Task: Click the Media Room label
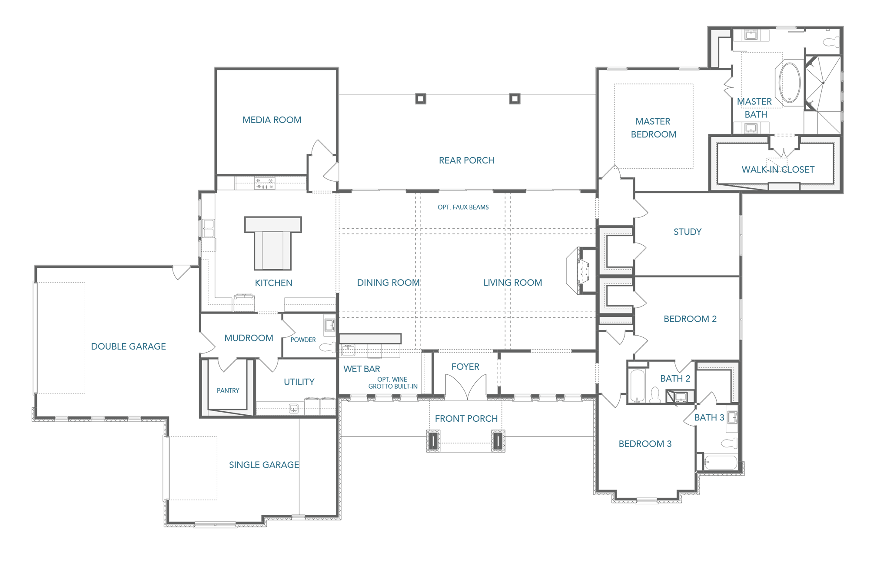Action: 272,120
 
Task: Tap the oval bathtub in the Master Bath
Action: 790,83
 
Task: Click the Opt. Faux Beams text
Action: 463,207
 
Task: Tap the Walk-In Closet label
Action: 778,170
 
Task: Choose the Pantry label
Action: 228,390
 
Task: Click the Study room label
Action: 687,232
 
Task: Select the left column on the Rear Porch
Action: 420,99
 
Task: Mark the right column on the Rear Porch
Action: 515,99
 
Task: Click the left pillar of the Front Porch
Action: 433,441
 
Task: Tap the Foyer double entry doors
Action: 465,387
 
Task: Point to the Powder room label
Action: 303,340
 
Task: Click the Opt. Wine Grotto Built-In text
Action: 393,383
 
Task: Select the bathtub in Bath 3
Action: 721,462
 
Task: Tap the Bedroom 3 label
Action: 645,444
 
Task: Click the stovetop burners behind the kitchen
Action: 265,183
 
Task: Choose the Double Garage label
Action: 128,347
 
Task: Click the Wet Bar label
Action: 362,369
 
